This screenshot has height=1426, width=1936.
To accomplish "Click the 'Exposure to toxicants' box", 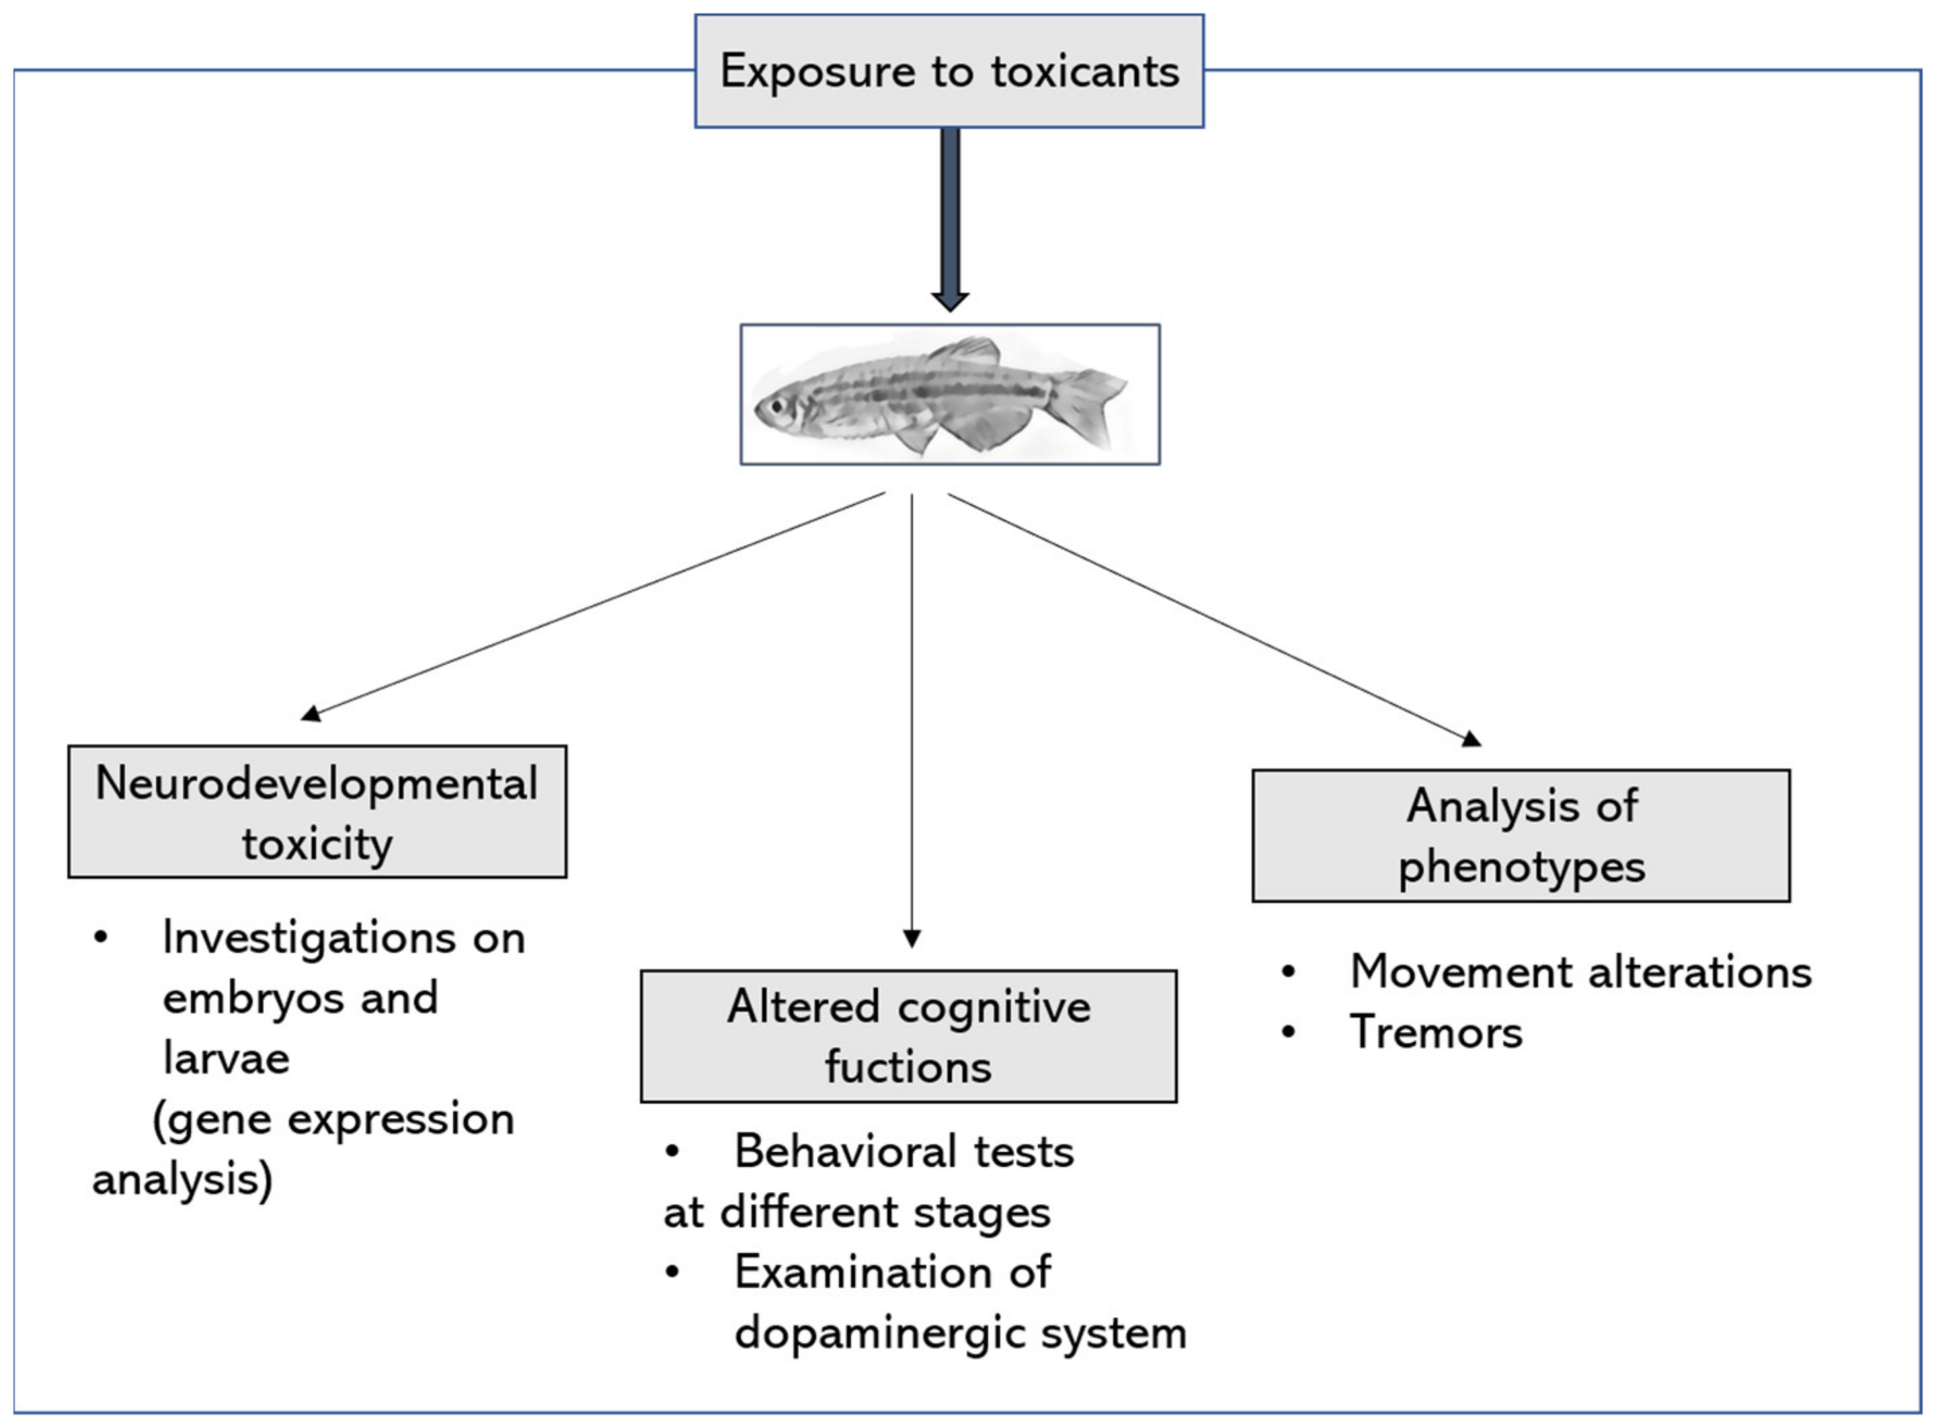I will pos(949,71).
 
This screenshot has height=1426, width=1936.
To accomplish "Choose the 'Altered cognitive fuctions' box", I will pos(908,1036).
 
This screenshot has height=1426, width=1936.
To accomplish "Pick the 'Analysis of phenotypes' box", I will pos(1521,836).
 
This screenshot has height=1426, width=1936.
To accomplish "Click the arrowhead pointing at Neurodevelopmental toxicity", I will pos(311,713).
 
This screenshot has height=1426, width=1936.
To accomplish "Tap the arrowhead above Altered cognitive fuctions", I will pos(912,939).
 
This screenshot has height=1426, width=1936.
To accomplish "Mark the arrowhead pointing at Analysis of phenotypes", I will pos(1471,738).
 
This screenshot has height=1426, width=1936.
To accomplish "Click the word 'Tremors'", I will pos(1435,1033).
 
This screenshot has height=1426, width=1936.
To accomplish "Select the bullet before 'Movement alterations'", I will pos(1289,972).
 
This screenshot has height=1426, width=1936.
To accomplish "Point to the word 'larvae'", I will pos(226,1058).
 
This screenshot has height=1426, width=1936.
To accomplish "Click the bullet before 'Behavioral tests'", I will pos(672,1152).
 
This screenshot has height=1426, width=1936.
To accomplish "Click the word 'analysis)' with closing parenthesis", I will pos(182,1180).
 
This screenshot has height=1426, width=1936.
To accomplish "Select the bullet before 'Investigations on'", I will pos(101,937).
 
